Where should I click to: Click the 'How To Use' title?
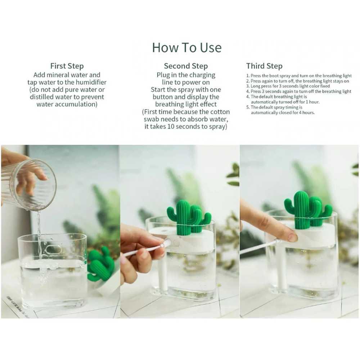pyautogui.click(x=186, y=48)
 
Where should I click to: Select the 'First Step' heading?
pyautogui.click(x=67, y=66)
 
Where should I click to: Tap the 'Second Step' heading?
pyautogui.click(x=186, y=66)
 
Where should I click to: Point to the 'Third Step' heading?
pyautogui.click(x=264, y=66)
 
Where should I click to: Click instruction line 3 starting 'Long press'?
pyautogui.click(x=288, y=86)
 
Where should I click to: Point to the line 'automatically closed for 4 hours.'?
pyautogui.click(x=283, y=112)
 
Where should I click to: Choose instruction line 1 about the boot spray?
pyautogui.click(x=299, y=76)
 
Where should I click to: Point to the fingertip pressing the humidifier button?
pyautogui.click(x=291, y=236)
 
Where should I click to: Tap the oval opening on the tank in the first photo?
pyautogui.click(x=54, y=250)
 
